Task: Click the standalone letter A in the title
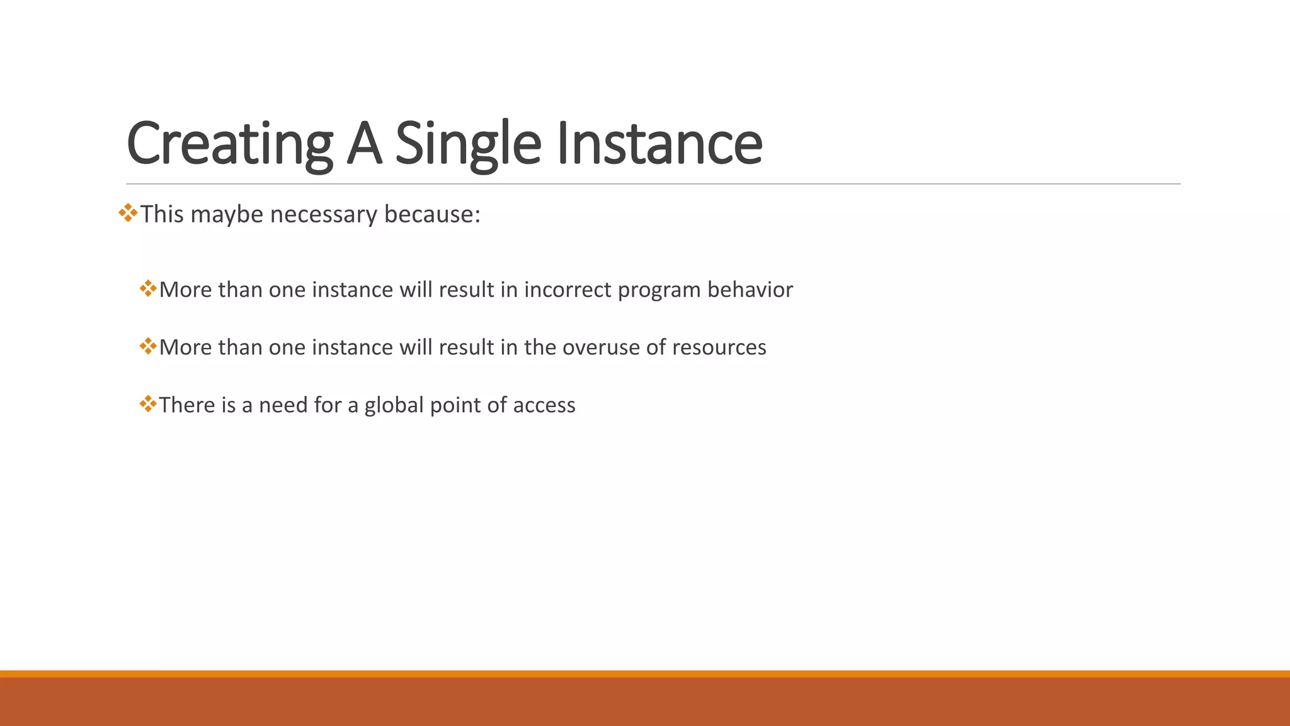[x=364, y=144]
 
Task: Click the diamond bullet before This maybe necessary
[x=128, y=213]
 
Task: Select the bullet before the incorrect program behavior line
[x=148, y=289]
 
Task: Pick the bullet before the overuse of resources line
[x=148, y=346]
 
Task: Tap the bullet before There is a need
[x=148, y=403]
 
